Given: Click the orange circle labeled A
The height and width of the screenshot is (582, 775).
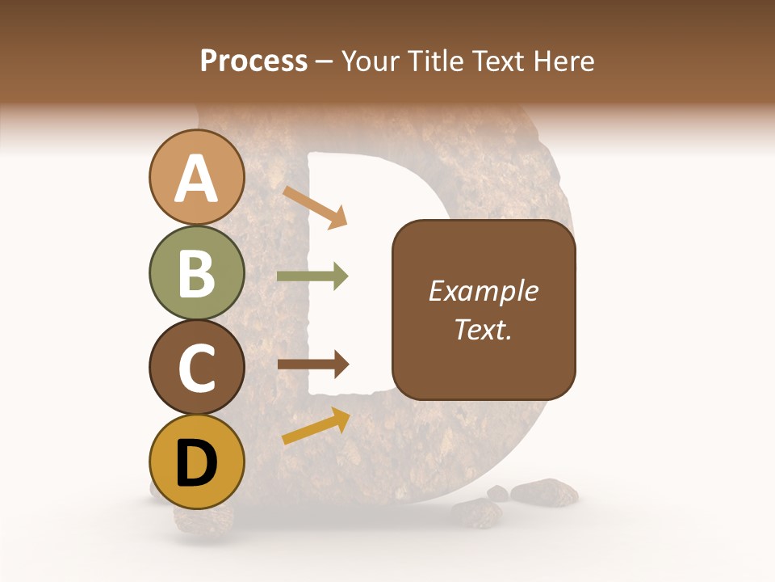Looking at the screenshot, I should click(196, 177).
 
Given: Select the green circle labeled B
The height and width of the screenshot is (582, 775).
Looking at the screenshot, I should click(196, 272).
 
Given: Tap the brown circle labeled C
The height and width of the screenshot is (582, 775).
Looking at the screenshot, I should click(196, 368).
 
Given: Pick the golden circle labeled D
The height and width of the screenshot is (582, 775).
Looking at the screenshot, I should click(196, 463).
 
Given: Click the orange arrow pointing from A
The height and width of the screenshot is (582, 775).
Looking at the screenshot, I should click(315, 207).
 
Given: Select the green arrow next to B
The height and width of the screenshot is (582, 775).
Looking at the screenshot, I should click(312, 276).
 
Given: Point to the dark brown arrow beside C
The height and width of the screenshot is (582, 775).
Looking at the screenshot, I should click(312, 365).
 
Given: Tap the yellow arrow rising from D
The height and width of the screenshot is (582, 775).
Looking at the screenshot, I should click(316, 425).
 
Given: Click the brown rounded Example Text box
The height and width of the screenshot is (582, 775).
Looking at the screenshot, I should click(484, 310).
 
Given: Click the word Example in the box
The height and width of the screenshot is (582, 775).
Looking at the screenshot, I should click(484, 291).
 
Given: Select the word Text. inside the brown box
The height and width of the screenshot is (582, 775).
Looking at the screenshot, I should click(484, 330).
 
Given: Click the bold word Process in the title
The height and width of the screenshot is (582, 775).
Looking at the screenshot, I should click(253, 61).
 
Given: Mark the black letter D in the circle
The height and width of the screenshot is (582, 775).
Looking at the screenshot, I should click(196, 464).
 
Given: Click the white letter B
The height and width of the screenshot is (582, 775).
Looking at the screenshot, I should click(196, 273).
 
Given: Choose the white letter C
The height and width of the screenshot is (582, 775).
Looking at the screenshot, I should click(196, 369).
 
